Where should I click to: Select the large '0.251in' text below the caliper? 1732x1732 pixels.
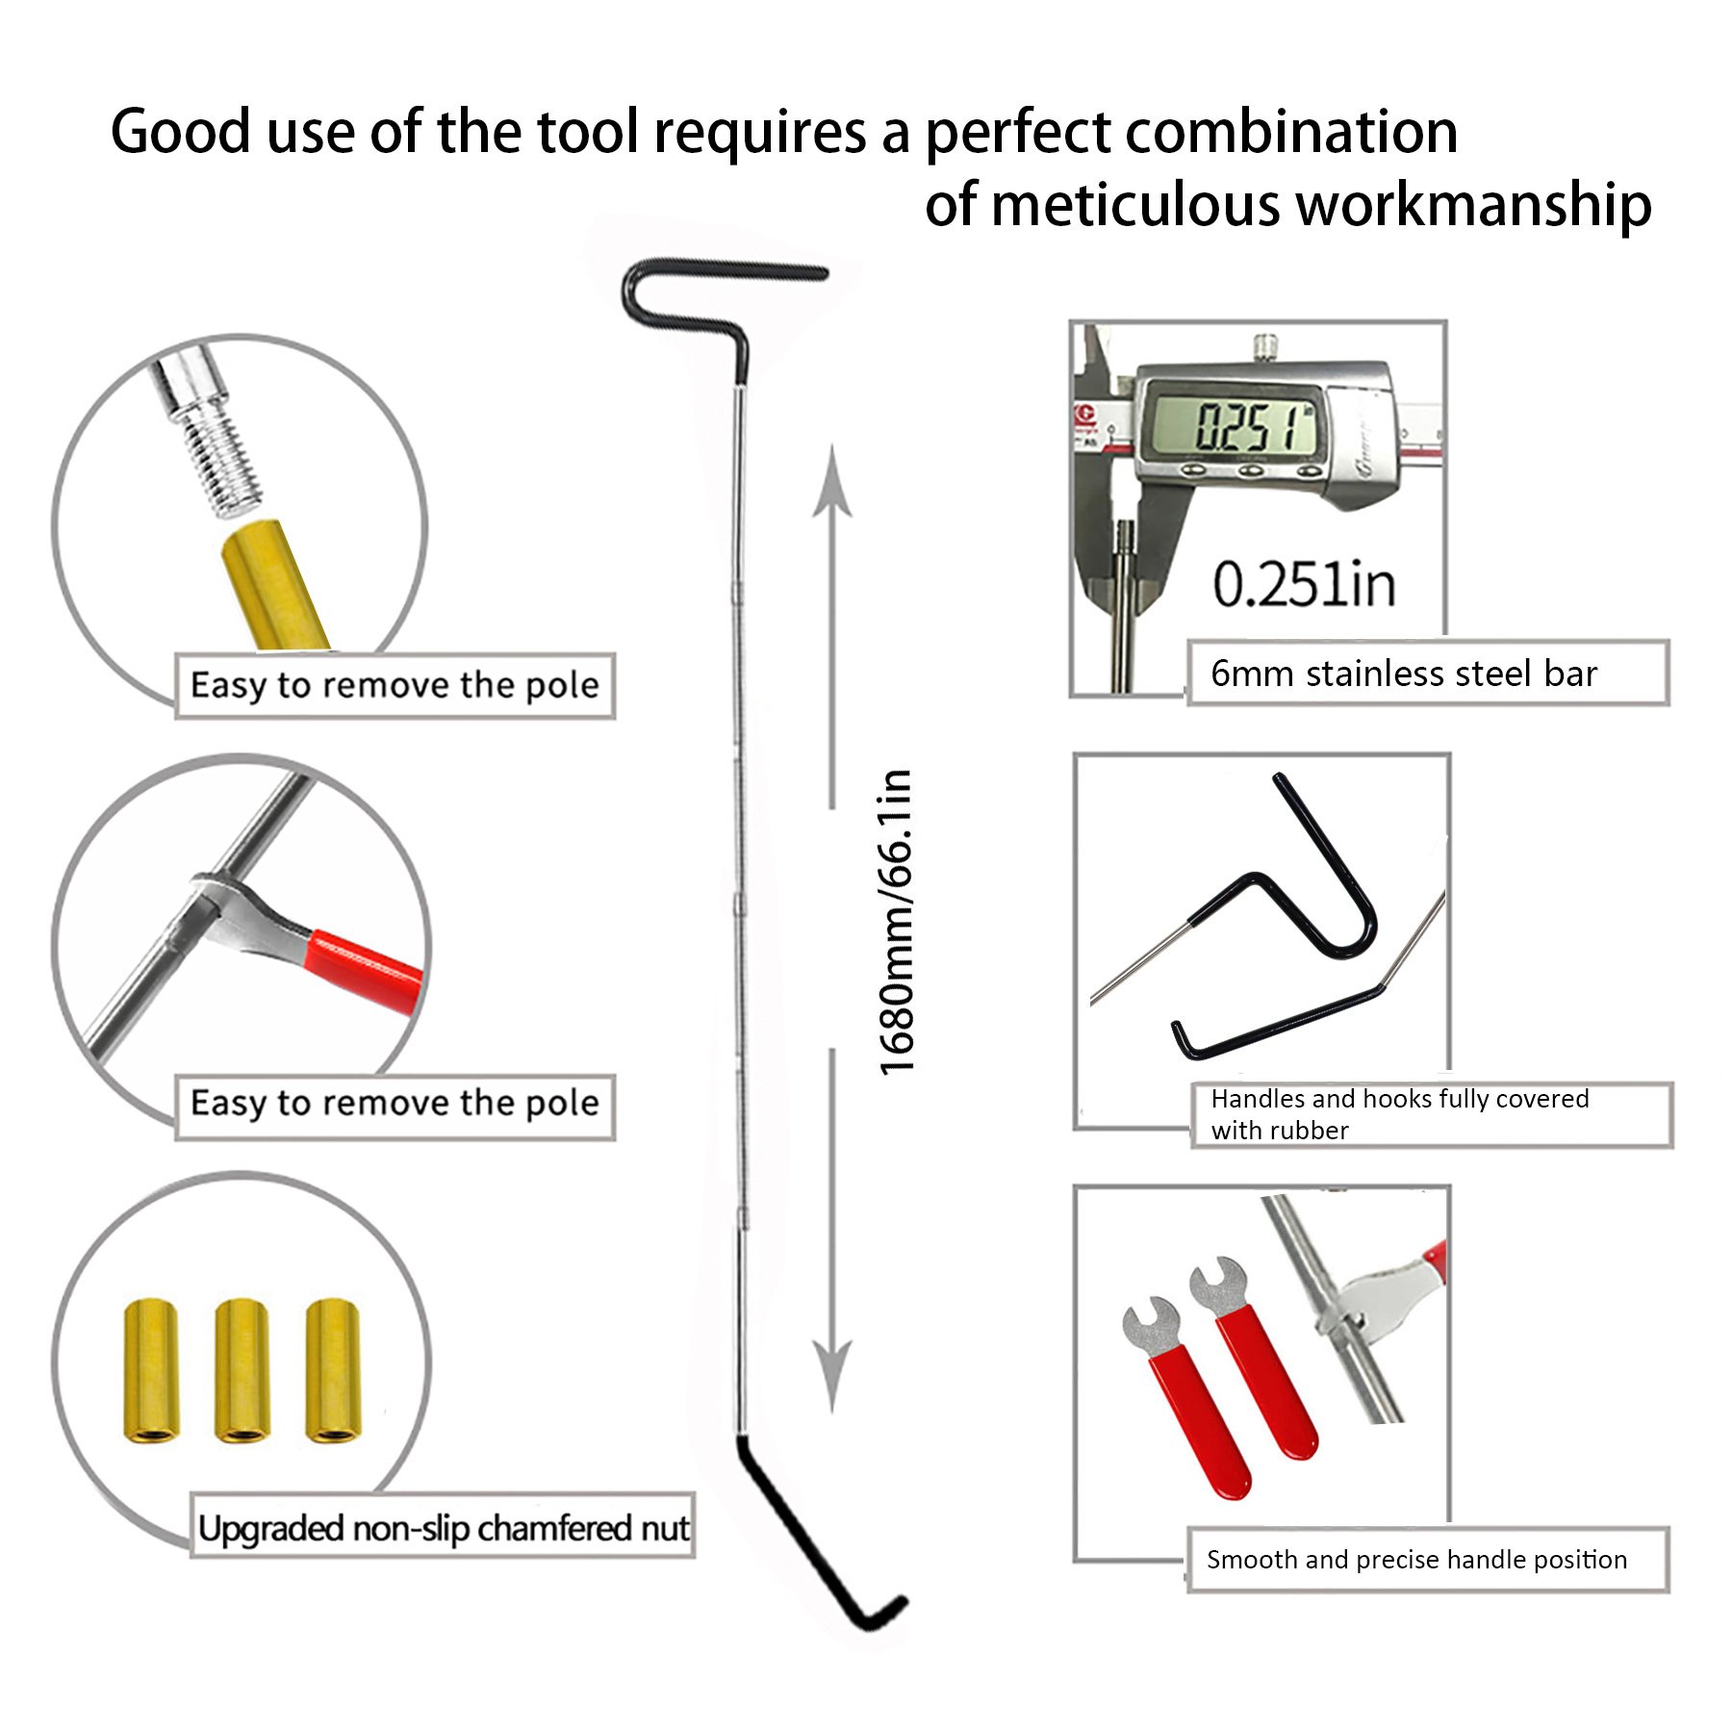click(x=1304, y=584)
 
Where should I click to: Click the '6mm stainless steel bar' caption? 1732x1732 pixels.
click(x=1404, y=674)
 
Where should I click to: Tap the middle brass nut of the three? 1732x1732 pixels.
click(x=242, y=1371)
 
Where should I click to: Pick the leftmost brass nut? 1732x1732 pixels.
click(x=151, y=1371)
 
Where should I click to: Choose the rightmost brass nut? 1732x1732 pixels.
click(x=333, y=1370)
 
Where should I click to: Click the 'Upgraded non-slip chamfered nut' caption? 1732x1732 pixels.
click(x=444, y=1528)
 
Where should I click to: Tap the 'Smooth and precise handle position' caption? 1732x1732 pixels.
click(x=1416, y=1560)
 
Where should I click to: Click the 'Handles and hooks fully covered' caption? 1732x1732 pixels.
click(x=1400, y=1099)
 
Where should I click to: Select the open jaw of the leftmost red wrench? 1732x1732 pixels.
click(x=1151, y=1324)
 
